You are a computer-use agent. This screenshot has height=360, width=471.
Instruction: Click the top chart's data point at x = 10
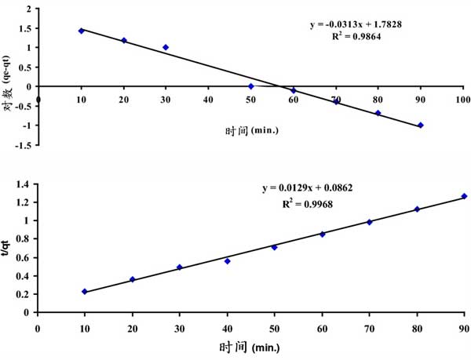81,31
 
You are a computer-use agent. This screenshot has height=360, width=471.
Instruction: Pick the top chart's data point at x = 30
166,47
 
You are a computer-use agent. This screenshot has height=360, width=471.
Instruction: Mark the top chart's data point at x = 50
250,86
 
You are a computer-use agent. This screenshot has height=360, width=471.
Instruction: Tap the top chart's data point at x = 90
421,125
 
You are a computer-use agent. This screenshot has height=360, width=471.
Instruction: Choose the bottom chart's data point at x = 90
464,196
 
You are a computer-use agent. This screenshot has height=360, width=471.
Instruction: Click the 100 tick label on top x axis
462,100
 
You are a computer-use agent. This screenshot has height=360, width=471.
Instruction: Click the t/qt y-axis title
9,248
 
